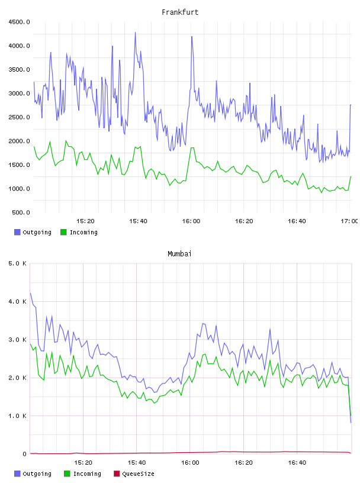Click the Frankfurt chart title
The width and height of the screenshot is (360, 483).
pyautogui.click(x=180, y=12)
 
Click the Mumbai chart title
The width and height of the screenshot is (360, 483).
pyautogui.click(x=179, y=253)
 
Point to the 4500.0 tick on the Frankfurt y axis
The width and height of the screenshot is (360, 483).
pyautogui.click(x=19, y=22)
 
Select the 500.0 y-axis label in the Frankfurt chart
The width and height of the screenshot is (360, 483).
pyautogui.click(x=21, y=212)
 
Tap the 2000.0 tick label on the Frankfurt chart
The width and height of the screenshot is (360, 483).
pyautogui.click(x=19, y=141)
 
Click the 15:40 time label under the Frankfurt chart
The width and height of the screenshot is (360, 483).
pyautogui.click(x=138, y=221)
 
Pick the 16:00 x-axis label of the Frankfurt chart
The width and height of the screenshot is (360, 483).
pyautogui.click(x=191, y=221)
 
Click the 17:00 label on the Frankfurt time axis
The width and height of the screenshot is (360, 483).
pyautogui.click(x=349, y=221)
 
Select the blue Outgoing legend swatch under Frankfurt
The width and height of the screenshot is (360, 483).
pyautogui.click(x=17, y=232)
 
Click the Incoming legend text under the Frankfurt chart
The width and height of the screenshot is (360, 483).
pyautogui.click(x=83, y=232)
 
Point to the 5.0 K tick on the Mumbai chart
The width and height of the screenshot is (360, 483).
pyautogui.click(x=18, y=263)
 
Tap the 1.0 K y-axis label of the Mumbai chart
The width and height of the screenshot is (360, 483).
pyautogui.click(x=18, y=416)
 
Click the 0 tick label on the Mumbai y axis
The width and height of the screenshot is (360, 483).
pyautogui.click(x=24, y=454)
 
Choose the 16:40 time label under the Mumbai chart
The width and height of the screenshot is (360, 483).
pyautogui.click(x=297, y=462)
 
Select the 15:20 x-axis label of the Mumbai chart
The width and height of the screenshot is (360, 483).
pyautogui.click(x=83, y=462)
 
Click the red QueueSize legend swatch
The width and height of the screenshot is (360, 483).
pyautogui.click(x=117, y=474)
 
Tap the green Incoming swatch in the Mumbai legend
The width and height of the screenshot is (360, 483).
pyautogui.click(x=67, y=474)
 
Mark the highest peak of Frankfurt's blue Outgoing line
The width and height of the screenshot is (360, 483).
pyautogui.click(x=135, y=33)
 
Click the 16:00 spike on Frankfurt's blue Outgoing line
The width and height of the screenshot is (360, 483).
pyautogui.click(x=192, y=36)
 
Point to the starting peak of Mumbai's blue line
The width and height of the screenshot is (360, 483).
pyautogui.click(x=30, y=293)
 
